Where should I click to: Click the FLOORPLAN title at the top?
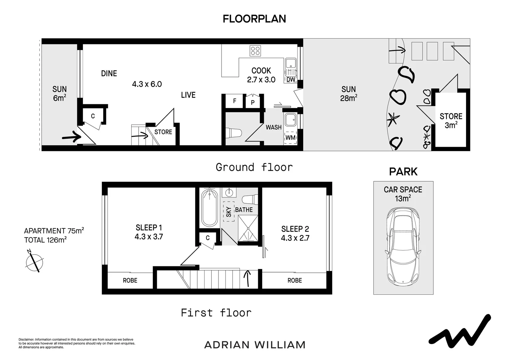pyautogui.click(x=254, y=19)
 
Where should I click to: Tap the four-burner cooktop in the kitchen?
pyautogui.click(x=255, y=51)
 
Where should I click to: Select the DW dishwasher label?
pyautogui.click(x=291, y=80)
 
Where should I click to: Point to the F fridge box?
pyautogui.click(x=235, y=101)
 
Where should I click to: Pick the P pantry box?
pyautogui.click(x=253, y=102)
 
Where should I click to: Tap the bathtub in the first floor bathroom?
pyautogui.click(x=209, y=208)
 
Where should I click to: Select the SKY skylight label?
pyautogui.click(x=229, y=212)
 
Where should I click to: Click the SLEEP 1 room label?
pyautogui.click(x=149, y=228)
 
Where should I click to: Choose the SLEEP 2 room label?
pyautogui.click(x=295, y=229)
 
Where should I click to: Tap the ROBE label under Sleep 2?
pyautogui.click(x=294, y=281)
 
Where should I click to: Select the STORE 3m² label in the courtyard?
pyautogui.click(x=451, y=121)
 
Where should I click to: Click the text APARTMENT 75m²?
pyautogui.click(x=54, y=231)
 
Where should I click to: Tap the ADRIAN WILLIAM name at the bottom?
pyautogui.click(x=255, y=345)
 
